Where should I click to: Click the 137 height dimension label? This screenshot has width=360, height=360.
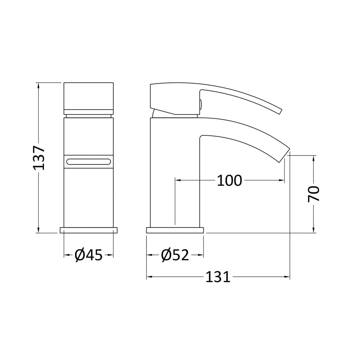39,158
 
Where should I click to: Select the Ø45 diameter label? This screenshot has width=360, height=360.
88,255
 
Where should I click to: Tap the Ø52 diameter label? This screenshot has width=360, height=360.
175,255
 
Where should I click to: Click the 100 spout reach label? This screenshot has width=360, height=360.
229,180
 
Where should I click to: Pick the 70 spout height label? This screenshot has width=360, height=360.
314,194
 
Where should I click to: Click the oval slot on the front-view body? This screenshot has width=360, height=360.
88,161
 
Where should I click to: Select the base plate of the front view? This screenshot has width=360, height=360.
88,230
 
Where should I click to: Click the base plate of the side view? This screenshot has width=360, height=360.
175,230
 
